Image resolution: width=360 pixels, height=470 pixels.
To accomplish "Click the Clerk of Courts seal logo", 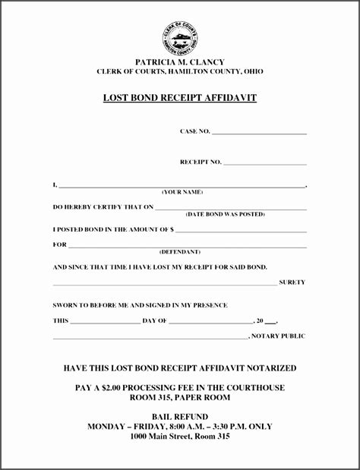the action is [x=180, y=37].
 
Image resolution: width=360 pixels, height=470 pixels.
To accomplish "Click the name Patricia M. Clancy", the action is [x=180, y=62].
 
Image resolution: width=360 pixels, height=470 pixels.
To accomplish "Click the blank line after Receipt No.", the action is [x=265, y=162].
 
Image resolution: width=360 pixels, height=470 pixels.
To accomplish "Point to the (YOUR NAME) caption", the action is [x=182, y=192].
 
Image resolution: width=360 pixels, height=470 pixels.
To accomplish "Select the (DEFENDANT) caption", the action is [x=180, y=251].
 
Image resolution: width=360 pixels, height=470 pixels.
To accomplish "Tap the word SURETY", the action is [x=292, y=282].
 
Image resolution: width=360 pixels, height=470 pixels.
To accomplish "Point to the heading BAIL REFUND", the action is [x=180, y=417].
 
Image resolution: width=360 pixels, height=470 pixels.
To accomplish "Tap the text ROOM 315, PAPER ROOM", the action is [x=180, y=397].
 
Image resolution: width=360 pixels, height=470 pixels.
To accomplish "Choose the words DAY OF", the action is [x=155, y=320].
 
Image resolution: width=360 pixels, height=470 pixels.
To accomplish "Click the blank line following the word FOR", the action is [x=188, y=245].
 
